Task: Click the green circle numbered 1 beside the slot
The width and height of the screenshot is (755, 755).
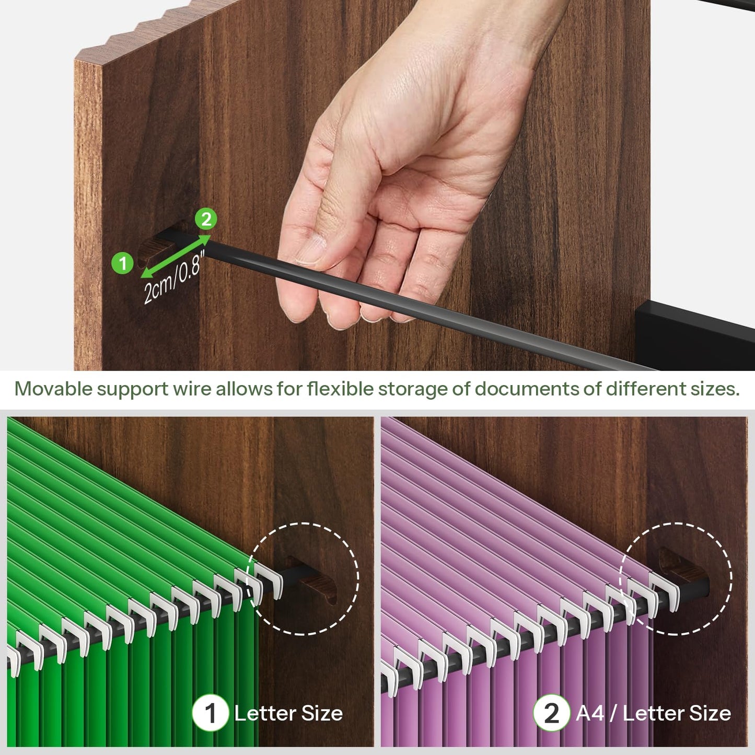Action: pos(123,263)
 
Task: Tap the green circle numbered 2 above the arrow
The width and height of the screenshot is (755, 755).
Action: pos(206,219)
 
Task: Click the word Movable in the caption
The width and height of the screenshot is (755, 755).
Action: pos(53,389)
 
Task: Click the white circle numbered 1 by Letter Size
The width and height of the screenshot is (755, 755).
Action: pos(211,713)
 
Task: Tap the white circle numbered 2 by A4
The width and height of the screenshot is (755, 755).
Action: pos(552,713)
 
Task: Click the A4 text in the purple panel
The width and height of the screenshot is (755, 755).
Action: pos(590,713)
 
